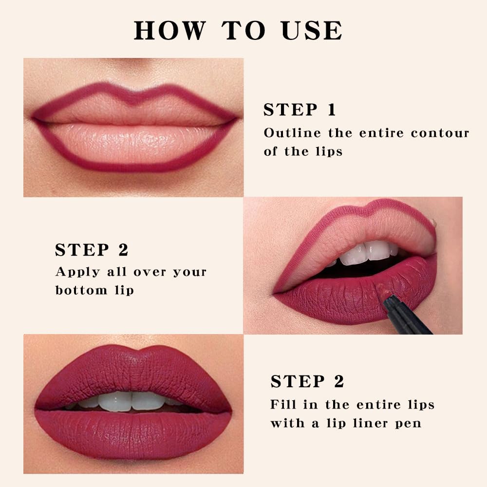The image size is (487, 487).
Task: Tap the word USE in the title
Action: pyautogui.click(x=312, y=30)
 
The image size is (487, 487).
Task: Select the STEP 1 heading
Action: pyautogui.click(x=300, y=110)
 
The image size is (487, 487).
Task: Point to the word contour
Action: pyautogui.click(x=440, y=133)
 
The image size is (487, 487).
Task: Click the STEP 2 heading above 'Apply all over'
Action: pyautogui.click(x=92, y=250)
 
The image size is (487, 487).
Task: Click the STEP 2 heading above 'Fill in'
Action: pyautogui.click(x=307, y=382)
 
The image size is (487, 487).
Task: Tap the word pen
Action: pyautogui.click(x=409, y=423)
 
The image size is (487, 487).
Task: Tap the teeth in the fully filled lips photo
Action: pyautogui.click(x=131, y=400)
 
